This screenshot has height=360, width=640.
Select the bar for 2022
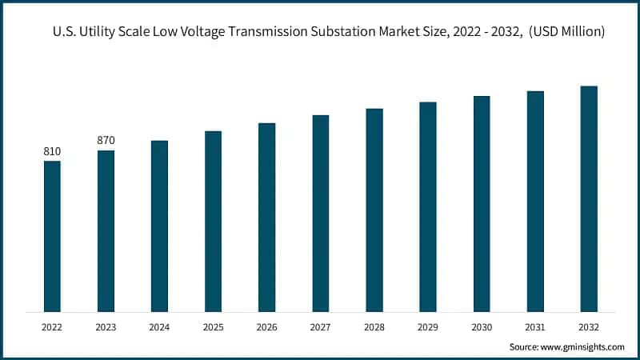52,236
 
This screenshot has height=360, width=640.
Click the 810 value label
52,151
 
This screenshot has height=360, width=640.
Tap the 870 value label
106,140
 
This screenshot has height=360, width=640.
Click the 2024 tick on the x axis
159,326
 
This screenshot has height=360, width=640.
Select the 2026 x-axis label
266,326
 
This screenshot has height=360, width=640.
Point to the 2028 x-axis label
374,326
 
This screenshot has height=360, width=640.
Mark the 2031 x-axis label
535,326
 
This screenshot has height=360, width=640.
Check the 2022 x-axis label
52,326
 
